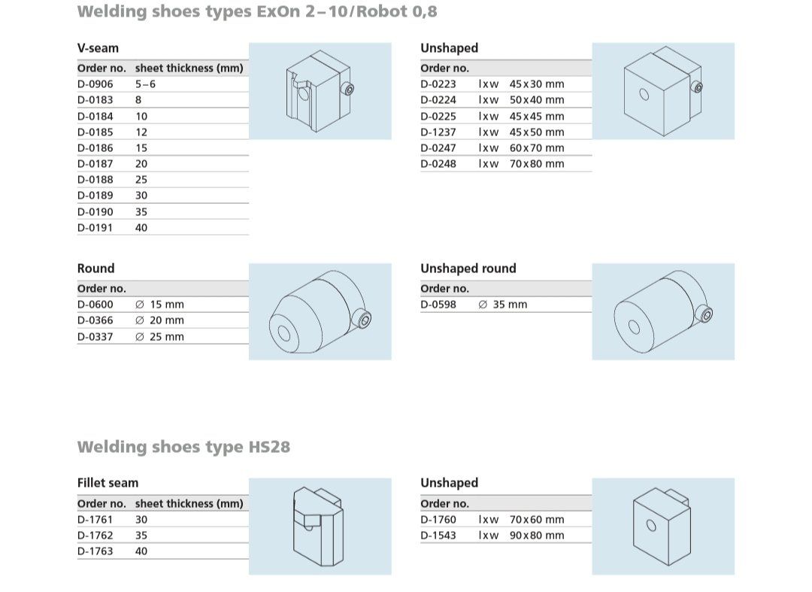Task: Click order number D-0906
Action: (x=95, y=84)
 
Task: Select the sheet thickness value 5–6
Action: (x=145, y=84)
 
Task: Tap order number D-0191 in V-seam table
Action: (x=95, y=227)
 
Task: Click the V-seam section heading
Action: (x=98, y=48)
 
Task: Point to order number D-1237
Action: (x=438, y=132)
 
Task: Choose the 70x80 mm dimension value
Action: (x=537, y=164)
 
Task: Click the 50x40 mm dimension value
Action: (x=537, y=100)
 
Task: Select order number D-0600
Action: (x=95, y=305)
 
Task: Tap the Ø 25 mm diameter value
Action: (x=159, y=337)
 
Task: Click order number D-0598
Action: (x=438, y=305)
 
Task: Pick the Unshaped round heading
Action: (x=468, y=269)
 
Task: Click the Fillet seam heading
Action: (x=108, y=483)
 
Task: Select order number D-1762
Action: (x=95, y=535)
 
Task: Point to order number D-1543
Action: (x=438, y=535)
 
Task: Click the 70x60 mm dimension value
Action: (x=537, y=520)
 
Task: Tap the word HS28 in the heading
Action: (x=269, y=447)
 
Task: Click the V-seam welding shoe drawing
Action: (x=320, y=91)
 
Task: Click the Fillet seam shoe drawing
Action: (x=318, y=527)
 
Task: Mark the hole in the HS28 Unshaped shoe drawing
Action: (x=651, y=526)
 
